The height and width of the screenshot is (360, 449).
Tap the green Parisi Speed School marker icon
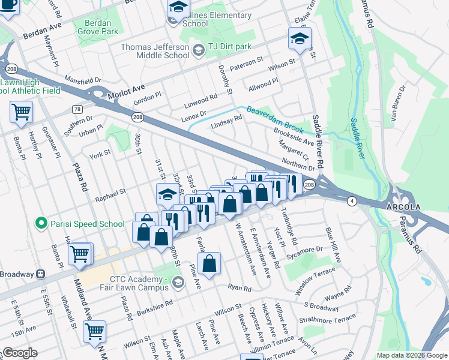[41, 224]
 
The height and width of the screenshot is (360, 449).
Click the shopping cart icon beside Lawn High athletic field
[21, 112]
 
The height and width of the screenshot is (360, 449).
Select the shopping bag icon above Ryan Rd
[209, 263]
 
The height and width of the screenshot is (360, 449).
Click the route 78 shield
[77, 109]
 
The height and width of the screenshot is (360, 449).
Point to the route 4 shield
[351, 202]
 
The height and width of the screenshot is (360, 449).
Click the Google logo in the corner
[20, 353]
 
